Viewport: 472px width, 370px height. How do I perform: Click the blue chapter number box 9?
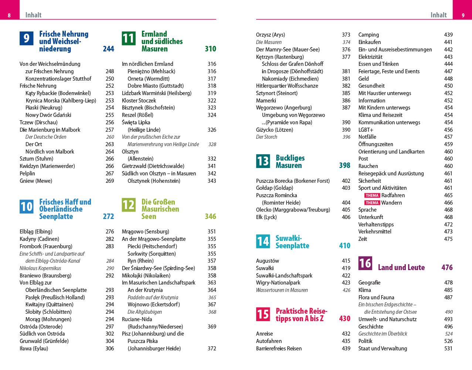click(x=26, y=38)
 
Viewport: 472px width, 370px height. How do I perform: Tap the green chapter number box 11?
click(x=128, y=38)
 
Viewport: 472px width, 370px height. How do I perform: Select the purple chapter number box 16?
click(x=365, y=263)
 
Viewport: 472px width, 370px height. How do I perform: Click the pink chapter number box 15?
click(x=263, y=314)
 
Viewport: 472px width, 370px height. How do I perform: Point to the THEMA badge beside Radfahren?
click(x=372, y=195)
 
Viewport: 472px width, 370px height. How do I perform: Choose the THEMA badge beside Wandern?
click(x=372, y=203)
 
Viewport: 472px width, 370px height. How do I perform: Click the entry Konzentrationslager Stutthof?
click(x=58, y=78)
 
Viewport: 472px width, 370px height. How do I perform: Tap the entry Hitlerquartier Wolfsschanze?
click(x=287, y=86)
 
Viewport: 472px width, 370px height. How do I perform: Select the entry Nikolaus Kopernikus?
click(x=40, y=268)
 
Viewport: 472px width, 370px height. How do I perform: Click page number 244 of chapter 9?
click(x=108, y=49)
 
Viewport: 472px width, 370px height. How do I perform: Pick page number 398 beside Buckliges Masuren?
click(x=344, y=165)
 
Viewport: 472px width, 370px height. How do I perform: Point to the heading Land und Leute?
click(x=401, y=268)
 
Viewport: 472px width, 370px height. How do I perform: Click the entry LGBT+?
click(x=366, y=130)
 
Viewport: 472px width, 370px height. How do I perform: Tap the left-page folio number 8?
click(x=9, y=15)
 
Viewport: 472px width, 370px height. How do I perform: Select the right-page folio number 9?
click(x=463, y=15)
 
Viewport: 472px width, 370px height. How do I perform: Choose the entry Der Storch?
click(x=266, y=137)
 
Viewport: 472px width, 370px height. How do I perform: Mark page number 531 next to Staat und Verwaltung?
click(x=448, y=349)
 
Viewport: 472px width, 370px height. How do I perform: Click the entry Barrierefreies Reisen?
click(x=279, y=349)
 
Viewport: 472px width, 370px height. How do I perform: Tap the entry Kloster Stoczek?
click(x=139, y=101)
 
